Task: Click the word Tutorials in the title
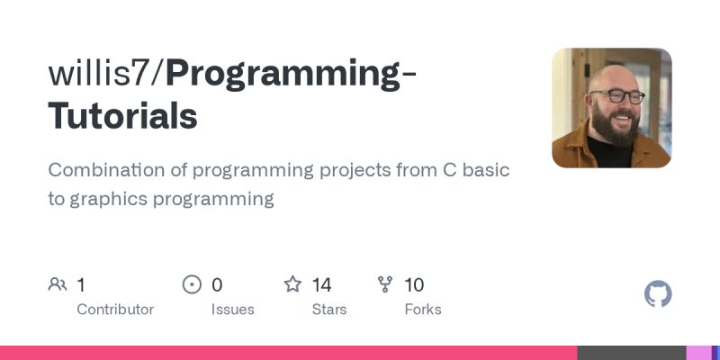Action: point(122,117)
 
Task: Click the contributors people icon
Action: point(58,285)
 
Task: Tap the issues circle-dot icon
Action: point(192,285)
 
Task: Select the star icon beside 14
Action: point(292,285)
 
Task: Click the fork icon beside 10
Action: point(386,285)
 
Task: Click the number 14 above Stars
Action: point(321,285)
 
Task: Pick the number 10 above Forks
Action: point(414,285)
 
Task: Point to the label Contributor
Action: point(115,310)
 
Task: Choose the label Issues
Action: point(232,310)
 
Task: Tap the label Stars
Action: point(329,310)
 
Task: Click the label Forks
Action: point(423,310)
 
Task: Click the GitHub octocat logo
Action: point(659,294)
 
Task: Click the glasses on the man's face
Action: point(617,96)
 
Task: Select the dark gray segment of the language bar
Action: point(631,353)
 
